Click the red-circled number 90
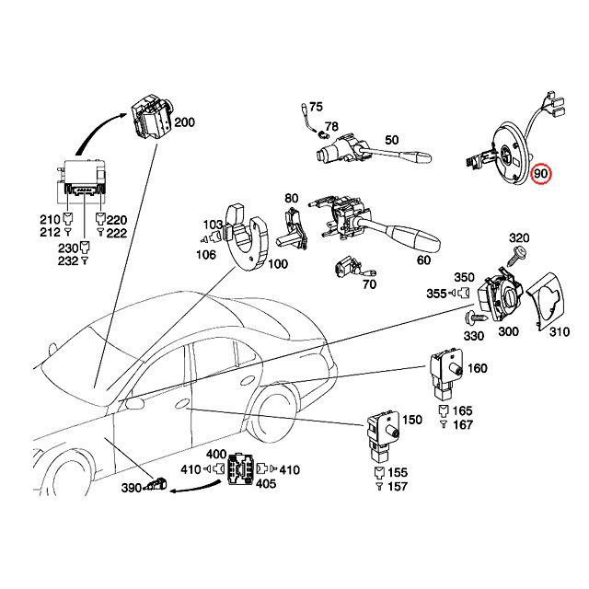point(541,172)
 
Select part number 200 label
point(185,122)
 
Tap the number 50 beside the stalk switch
point(391,140)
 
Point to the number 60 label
point(423,260)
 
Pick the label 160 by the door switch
point(478,368)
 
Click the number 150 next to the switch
point(412,420)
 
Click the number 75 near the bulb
point(317,107)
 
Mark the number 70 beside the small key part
point(370,285)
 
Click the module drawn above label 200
point(151,118)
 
